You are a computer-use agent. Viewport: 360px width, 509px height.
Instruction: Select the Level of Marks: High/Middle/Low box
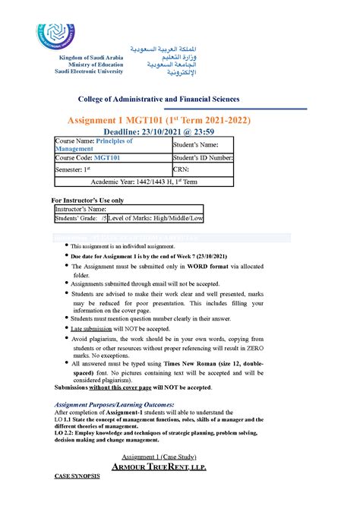[x=156, y=218]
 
